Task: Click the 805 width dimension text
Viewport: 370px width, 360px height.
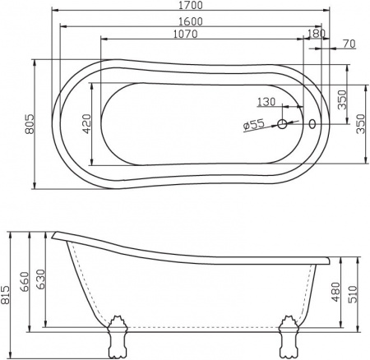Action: (29, 124)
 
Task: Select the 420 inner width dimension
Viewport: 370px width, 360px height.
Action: (86, 124)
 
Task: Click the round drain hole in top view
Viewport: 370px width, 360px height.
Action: (282, 125)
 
